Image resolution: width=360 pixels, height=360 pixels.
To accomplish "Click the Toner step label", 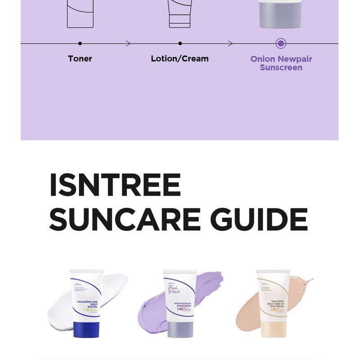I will [80, 58].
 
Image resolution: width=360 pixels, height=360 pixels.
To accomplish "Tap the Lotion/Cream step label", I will [180, 58].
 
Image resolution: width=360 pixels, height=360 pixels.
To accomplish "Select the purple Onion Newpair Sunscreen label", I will [281, 63].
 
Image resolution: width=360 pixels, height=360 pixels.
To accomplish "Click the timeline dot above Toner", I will [80, 44].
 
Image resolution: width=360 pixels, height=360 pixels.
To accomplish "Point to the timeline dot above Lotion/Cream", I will [180, 44].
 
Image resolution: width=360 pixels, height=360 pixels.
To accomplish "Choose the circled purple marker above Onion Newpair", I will [281, 44].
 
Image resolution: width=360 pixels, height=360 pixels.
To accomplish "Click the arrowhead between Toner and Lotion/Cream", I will [129, 44].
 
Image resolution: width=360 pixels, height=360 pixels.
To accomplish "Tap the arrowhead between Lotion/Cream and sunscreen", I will [230, 44].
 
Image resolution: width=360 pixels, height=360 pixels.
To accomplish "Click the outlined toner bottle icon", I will [80, 13].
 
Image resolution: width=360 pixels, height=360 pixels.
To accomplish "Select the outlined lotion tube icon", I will [180, 13].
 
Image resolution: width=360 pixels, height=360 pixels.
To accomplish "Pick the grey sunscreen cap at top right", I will [280, 16].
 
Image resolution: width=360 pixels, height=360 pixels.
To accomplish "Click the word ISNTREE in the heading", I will [115, 185].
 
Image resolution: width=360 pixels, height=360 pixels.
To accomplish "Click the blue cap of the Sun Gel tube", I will [86, 329].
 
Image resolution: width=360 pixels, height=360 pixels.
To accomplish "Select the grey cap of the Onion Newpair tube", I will [180, 329].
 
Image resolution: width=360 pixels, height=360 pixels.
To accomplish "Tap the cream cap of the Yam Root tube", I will [273, 329].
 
